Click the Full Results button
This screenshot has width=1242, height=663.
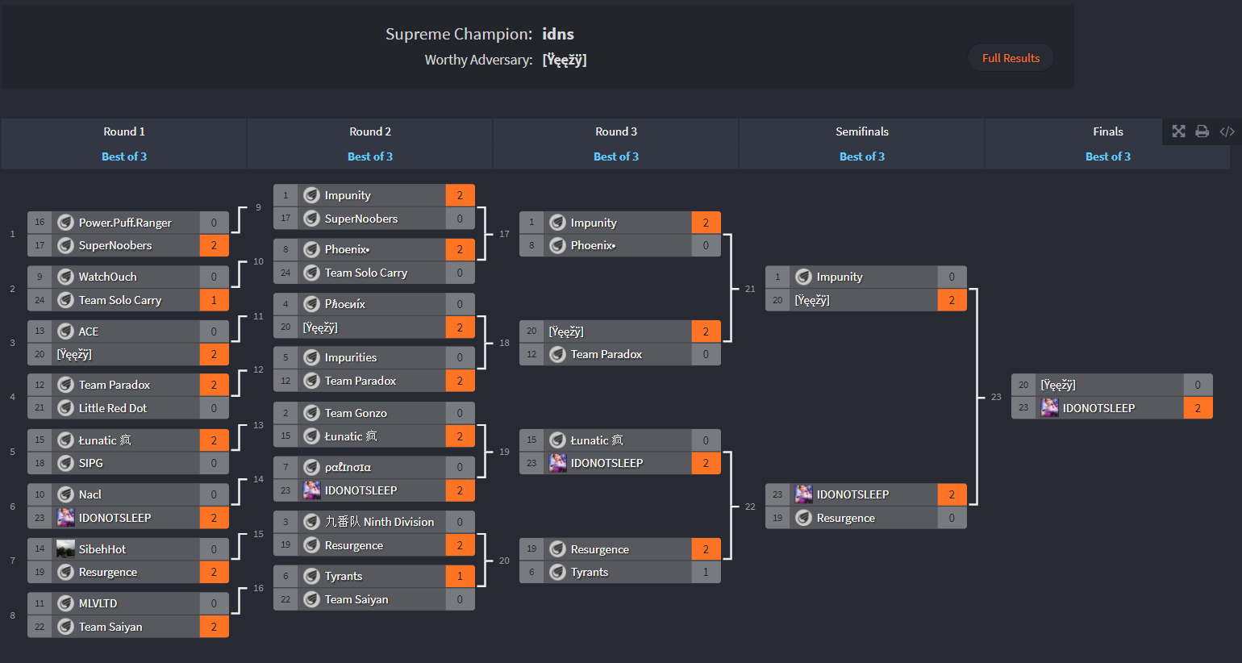coord(1011,57)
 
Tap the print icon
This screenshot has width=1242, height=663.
coord(1202,131)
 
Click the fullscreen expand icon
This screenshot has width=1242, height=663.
coord(1178,131)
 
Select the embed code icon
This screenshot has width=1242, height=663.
coord(1227,131)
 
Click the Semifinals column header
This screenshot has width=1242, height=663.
coord(861,131)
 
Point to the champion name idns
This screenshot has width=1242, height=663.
coord(558,34)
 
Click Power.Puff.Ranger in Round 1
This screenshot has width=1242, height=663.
coord(125,223)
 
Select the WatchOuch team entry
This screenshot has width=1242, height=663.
coord(107,277)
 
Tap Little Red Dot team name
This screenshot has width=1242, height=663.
coord(113,408)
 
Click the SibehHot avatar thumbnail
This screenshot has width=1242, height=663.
coord(65,548)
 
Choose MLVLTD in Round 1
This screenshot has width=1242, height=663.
coord(98,603)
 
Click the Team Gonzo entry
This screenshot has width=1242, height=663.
coord(356,413)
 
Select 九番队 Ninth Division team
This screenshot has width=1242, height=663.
coord(379,522)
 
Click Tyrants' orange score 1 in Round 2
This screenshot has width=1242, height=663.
coord(460,576)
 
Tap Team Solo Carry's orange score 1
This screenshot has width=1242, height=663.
coord(214,300)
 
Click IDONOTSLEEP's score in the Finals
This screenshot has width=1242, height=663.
coord(1198,408)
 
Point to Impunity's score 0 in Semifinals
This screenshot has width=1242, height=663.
coord(952,277)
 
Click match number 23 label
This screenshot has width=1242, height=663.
coord(996,397)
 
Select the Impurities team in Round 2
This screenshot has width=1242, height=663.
coord(350,357)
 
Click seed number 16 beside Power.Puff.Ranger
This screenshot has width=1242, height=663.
coord(40,223)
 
